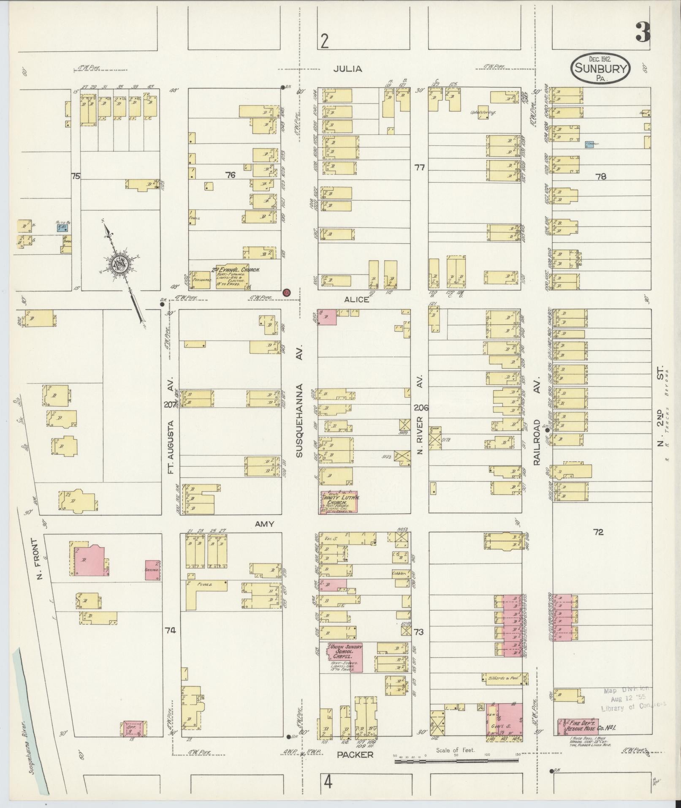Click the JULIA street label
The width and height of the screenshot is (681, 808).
click(x=347, y=68)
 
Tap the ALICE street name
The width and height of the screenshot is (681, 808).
click(x=356, y=299)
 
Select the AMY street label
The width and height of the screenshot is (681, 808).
click(x=265, y=524)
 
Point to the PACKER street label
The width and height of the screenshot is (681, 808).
click(x=355, y=754)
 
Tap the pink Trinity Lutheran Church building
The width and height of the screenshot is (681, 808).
click(x=340, y=502)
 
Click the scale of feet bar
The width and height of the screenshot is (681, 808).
click(x=456, y=761)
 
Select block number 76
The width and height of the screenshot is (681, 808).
click(x=230, y=174)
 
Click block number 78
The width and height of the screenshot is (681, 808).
click(x=600, y=177)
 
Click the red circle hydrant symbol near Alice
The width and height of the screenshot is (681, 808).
click(x=287, y=292)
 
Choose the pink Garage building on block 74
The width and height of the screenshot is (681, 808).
click(x=152, y=570)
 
